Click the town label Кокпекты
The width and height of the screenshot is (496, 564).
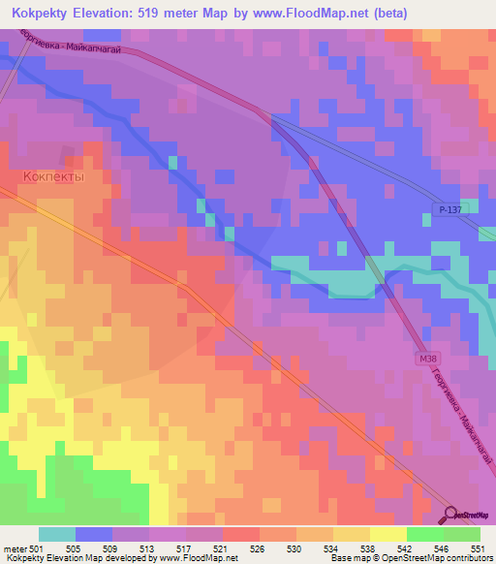coord(53,178)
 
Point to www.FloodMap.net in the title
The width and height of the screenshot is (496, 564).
coord(310,13)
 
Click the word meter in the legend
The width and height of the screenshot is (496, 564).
coord(13,548)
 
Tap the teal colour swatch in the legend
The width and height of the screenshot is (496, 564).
coord(57,534)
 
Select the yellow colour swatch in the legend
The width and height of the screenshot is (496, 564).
coord(387,534)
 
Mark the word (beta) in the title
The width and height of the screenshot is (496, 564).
coord(386,13)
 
